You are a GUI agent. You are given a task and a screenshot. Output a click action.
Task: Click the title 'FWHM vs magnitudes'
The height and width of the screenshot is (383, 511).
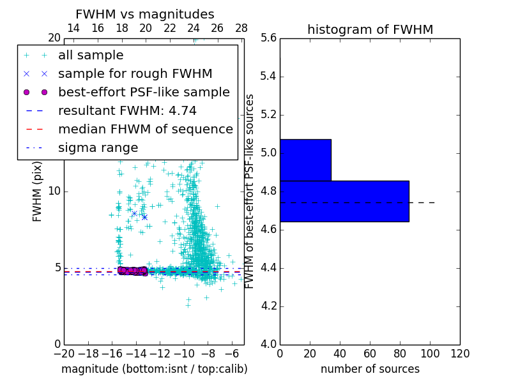click(x=145, y=15)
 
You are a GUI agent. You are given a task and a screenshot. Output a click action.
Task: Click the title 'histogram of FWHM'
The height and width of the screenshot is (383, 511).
click(x=370, y=29)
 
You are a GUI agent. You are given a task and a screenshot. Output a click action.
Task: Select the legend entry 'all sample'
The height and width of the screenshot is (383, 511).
click(x=91, y=56)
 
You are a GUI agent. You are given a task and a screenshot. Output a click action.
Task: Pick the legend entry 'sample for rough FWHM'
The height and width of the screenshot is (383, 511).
click(x=135, y=74)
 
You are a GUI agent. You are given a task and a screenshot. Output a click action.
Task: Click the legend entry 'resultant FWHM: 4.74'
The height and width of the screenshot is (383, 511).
click(x=127, y=111)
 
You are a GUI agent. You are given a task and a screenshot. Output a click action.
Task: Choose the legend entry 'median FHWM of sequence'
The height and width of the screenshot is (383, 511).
click(x=146, y=130)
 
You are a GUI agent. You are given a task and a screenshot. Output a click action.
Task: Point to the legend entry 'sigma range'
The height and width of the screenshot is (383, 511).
click(x=98, y=148)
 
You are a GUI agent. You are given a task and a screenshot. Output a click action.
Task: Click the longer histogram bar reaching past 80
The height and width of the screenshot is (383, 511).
click(x=344, y=201)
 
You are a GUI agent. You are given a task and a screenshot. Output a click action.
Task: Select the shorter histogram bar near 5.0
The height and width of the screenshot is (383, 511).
click(x=305, y=160)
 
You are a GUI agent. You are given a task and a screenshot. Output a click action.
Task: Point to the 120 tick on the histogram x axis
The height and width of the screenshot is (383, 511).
click(x=460, y=354)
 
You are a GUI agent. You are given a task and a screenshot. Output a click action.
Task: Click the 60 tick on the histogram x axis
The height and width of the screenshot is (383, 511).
click(x=370, y=354)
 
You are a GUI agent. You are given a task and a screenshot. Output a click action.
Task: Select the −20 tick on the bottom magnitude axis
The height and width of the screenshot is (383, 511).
click(x=64, y=354)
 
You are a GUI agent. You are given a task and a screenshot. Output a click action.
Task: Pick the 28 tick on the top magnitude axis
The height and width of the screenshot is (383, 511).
click(x=241, y=28)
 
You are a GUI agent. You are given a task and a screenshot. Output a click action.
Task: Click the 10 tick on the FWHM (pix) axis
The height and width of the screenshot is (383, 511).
click(x=54, y=191)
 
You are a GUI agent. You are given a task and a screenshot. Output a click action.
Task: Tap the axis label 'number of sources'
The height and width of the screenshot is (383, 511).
click(x=370, y=369)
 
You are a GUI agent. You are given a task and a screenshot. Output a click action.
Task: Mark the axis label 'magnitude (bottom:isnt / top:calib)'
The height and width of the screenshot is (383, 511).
click(x=154, y=369)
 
